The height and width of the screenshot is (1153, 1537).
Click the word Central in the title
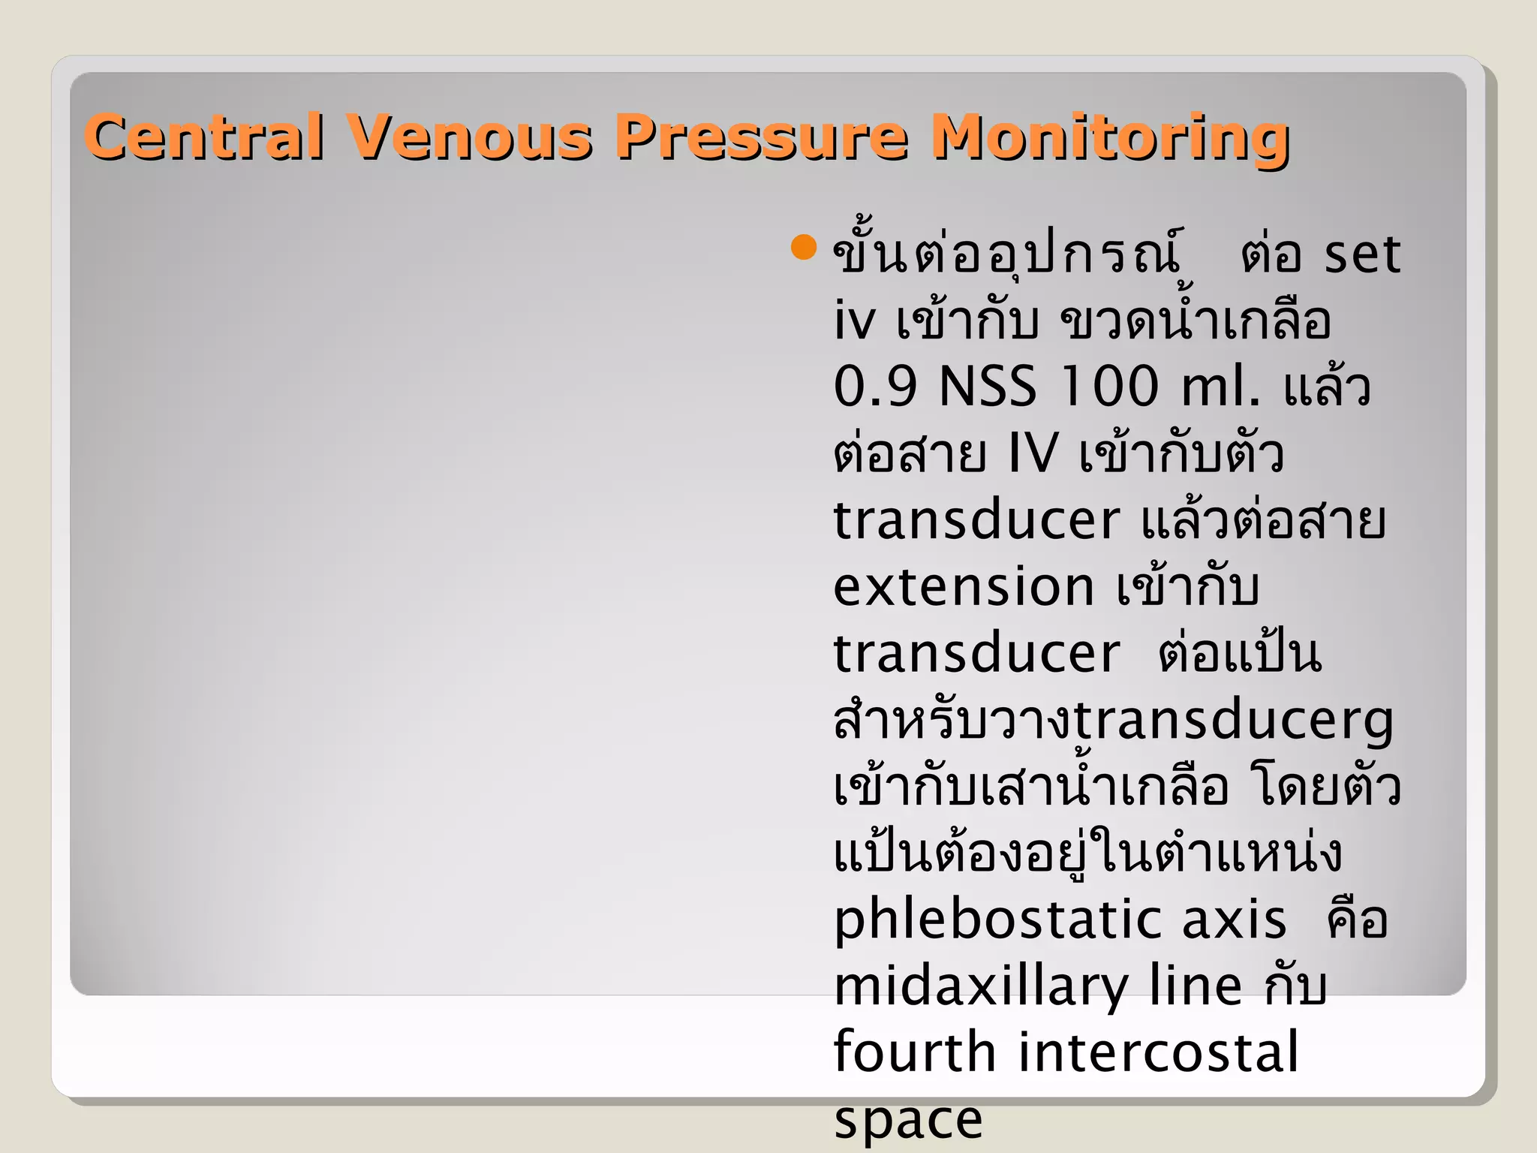click(x=205, y=137)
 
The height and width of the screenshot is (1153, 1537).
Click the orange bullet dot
click(x=804, y=247)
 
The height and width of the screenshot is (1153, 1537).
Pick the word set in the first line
click(x=1361, y=255)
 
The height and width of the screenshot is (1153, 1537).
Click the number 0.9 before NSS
click(x=875, y=387)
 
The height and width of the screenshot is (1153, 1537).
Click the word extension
click(x=964, y=587)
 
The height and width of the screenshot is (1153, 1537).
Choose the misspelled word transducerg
click(x=1234, y=721)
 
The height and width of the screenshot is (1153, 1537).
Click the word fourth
click(x=915, y=1052)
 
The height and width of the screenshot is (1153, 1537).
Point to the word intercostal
click(x=1158, y=1052)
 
